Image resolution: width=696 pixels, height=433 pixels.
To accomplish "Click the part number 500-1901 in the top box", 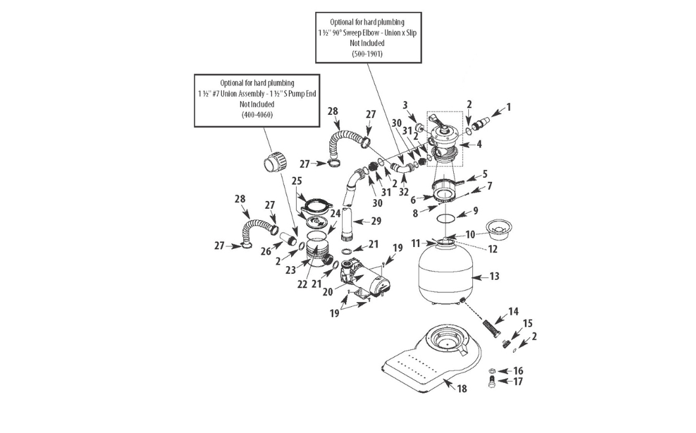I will click(x=368, y=54).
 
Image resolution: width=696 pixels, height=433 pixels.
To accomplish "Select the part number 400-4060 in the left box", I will click(x=257, y=114).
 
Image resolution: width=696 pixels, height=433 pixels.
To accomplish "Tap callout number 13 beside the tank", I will click(x=493, y=277).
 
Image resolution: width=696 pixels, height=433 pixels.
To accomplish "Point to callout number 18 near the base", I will click(x=462, y=389).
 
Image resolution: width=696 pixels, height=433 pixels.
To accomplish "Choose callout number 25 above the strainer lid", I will click(x=297, y=181).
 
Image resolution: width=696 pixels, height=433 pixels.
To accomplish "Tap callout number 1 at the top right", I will click(x=508, y=108).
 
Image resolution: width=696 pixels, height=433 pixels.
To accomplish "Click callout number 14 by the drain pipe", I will click(x=513, y=312).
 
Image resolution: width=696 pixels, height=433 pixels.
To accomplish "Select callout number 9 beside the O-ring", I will click(x=475, y=211).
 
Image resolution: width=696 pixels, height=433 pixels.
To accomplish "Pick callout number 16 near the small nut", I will click(x=518, y=371).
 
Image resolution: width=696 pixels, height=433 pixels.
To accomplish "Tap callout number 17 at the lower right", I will click(x=518, y=382).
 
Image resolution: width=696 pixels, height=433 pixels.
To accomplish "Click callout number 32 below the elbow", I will click(x=404, y=192).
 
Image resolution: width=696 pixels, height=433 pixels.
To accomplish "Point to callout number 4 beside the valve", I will click(x=479, y=144).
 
